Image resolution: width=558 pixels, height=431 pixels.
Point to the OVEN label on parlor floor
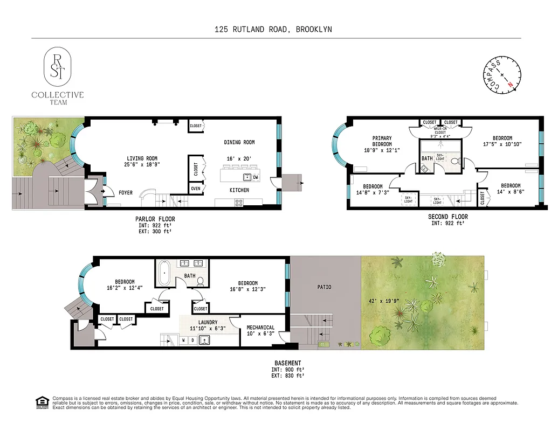pyautogui.click(x=195, y=189)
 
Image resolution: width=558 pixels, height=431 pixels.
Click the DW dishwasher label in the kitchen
pyautogui.click(x=256, y=177)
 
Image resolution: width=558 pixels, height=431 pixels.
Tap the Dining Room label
pyautogui.click(x=239, y=142)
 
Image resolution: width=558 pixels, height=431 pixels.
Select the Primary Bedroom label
pyautogui.click(x=382, y=141)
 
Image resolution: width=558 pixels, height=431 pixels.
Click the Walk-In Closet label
pyautogui.click(x=440, y=130)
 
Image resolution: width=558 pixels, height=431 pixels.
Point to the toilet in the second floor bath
pyautogui.click(x=453, y=161)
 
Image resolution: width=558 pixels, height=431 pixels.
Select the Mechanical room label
pyautogui.click(x=260, y=328)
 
